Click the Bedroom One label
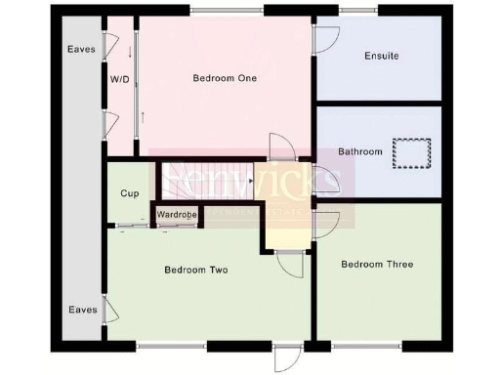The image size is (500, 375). click(224, 78)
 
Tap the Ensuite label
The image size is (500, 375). click(380, 56)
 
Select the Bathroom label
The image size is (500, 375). click(360, 151)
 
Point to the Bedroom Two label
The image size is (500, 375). click(195, 270)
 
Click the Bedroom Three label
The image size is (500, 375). click(377, 264)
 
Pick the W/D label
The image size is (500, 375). click(121, 78)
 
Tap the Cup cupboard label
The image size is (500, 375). click(129, 193)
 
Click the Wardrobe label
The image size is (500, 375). click(177, 214)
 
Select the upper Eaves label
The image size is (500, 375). click(81, 49)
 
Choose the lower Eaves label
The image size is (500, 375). click(82, 310)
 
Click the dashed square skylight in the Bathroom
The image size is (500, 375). click(412, 154)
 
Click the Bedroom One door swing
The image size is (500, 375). click(282, 146)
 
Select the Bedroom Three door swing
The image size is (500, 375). click(327, 224)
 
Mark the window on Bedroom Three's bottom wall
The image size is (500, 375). click(368, 346)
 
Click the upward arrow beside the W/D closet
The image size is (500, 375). click(143, 117)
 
